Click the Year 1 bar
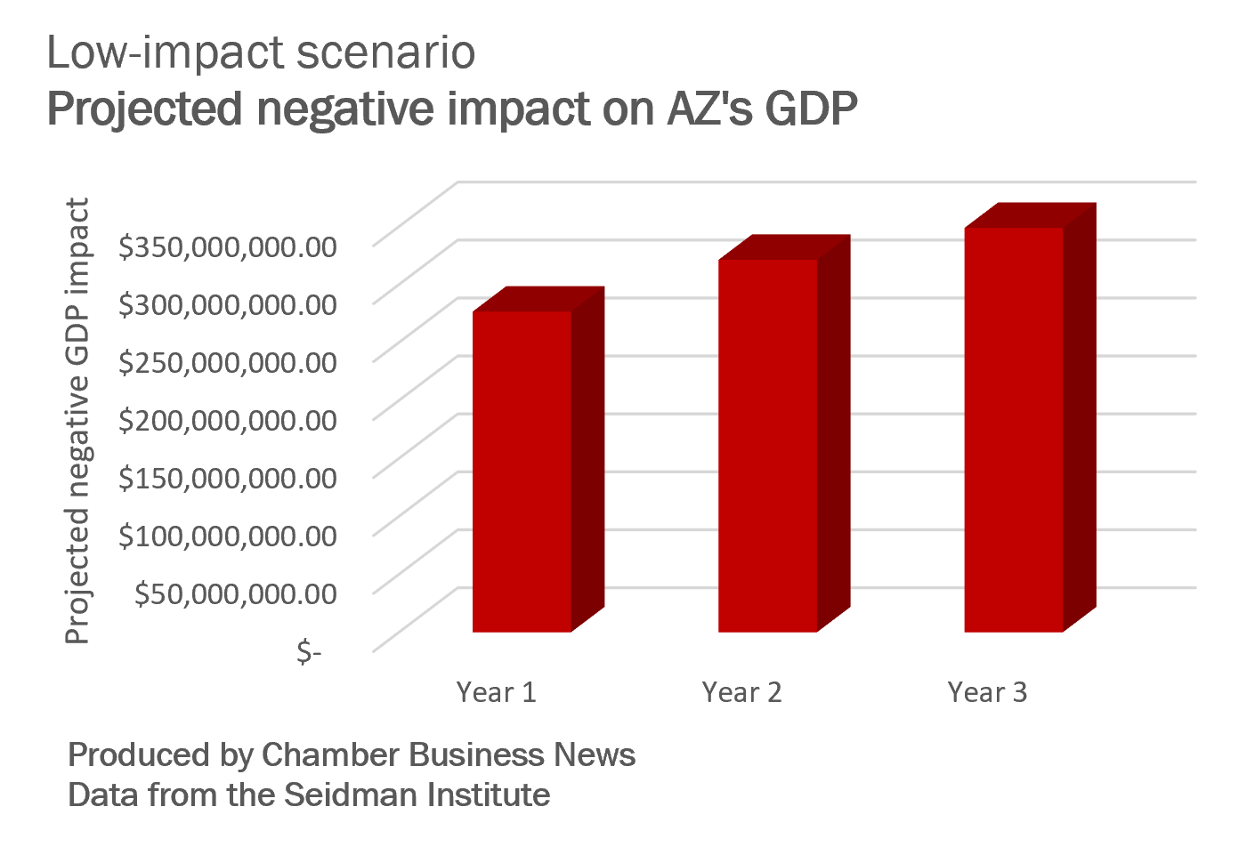(x=522, y=472)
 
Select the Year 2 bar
(x=767, y=445)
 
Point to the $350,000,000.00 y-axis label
(x=228, y=246)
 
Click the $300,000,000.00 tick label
(x=228, y=304)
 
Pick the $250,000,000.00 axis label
(x=228, y=362)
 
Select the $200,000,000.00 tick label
(x=228, y=420)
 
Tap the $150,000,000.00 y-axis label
(x=228, y=478)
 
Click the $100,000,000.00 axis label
(x=228, y=536)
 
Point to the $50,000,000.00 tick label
(x=236, y=593)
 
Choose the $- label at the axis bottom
(x=309, y=652)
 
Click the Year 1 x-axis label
(x=496, y=692)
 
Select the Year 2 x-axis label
(x=741, y=692)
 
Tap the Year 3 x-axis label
(x=987, y=692)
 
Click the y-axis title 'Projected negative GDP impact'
(x=78, y=420)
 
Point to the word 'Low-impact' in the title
(x=164, y=53)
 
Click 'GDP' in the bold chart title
(x=810, y=109)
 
